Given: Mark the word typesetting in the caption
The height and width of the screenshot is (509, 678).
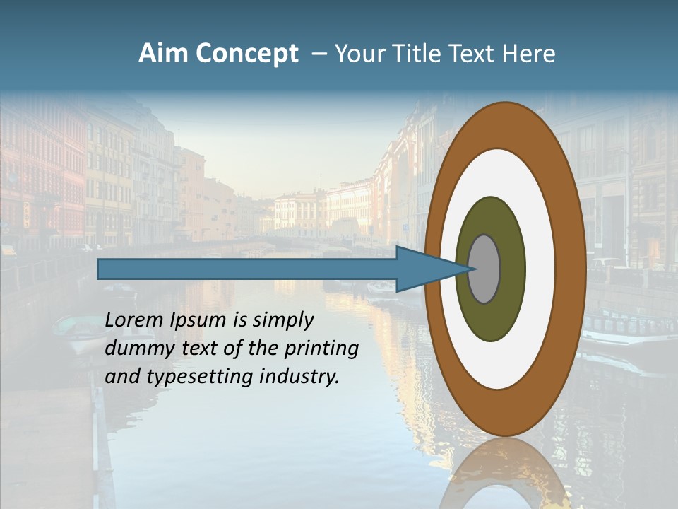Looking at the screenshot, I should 198,378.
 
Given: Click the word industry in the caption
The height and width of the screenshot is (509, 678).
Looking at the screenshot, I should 297,377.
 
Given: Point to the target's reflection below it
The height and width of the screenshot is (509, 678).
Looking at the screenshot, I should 504,474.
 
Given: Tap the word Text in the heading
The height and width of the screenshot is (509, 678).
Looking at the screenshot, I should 476,54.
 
